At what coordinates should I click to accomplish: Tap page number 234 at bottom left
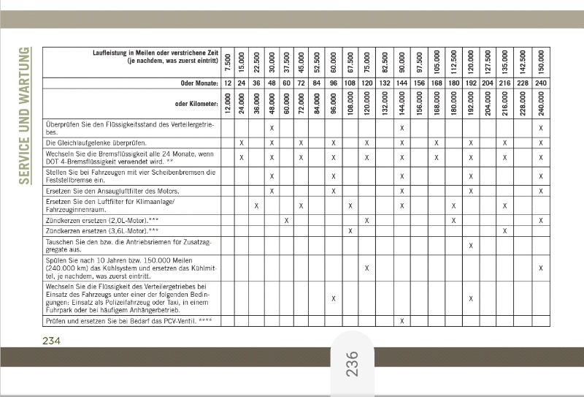(51, 341)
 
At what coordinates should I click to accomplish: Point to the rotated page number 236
(353, 363)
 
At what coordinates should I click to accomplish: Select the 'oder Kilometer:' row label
(196, 104)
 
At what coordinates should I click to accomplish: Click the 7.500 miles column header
(227, 61)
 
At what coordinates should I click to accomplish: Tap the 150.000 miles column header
(541, 61)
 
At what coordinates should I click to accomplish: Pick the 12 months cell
(227, 84)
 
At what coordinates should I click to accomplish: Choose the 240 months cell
(541, 84)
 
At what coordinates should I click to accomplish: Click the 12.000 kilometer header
(227, 105)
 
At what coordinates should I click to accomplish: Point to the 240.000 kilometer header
(541, 105)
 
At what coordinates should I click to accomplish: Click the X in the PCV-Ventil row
(401, 321)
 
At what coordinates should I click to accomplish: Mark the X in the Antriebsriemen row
(471, 246)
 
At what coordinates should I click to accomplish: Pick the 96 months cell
(333, 84)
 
